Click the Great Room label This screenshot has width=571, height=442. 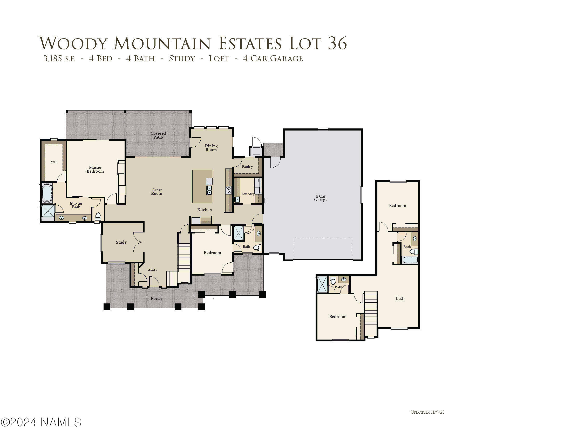point(157,192)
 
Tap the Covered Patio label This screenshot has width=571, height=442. point(158,135)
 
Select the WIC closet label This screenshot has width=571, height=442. point(55,162)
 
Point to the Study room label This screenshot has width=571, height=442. point(121,242)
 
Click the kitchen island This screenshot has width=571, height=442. point(202,186)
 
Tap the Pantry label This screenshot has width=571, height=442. point(247,167)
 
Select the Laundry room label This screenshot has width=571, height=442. point(248,194)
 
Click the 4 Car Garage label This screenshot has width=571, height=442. point(321,198)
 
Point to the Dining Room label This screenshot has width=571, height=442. point(211,148)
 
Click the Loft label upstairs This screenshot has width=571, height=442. point(399,298)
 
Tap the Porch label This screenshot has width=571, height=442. point(156,298)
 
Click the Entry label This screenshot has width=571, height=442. point(153,269)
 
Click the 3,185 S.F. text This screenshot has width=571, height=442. point(59,59)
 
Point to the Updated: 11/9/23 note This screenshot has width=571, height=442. point(427,412)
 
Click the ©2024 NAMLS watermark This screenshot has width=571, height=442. point(41,422)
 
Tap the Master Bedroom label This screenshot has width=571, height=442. point(95,169)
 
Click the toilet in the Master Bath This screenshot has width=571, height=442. point(98,217)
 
